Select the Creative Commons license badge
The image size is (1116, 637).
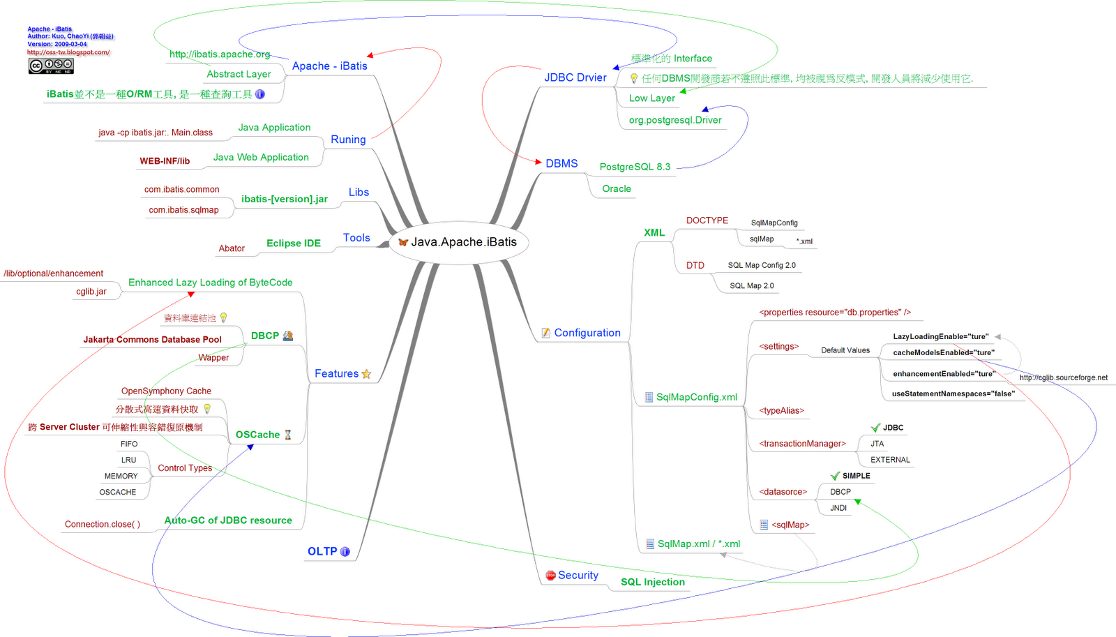(51, 66)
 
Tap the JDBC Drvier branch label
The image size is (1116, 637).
(575, 77)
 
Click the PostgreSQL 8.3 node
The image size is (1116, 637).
(635, 167)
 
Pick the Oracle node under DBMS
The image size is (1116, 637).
(617, 188)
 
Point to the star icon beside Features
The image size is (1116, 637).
(366, 374)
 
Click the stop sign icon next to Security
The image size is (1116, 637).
(550, 576)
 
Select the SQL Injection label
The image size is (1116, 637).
(653, 582)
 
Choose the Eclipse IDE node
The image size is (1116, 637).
(294, 243)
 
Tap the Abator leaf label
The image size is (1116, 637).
(232, 248)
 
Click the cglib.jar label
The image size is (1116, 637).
(91, 292)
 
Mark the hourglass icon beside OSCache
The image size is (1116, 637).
(287, 435)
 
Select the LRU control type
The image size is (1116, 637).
(128, 460)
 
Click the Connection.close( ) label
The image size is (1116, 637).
(103, 524)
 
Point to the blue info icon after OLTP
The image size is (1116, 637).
(345, 551)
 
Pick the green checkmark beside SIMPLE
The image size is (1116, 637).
(835, 476)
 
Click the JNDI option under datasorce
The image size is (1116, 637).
(838, 508)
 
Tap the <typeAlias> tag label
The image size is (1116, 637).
(781, 410)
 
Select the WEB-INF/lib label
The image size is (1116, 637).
(165, 161)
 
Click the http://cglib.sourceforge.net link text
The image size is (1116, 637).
(1063, 377)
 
